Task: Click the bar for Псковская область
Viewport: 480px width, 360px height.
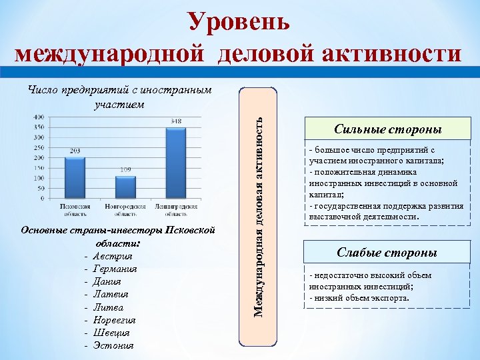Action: click(x=75, y=177)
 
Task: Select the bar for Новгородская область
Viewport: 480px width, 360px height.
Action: click(x=125, y=187)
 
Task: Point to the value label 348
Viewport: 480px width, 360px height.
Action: click(x=176, y=121)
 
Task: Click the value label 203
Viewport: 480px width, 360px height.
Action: click(x=75, y=151)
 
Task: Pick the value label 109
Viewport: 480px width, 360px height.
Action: click(x=125, y=170)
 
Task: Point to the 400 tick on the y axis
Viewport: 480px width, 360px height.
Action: click(x=39, y=117)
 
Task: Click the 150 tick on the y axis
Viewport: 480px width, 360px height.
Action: click(x=39, y=168)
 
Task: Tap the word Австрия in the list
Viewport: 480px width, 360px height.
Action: click(x=113, y=257)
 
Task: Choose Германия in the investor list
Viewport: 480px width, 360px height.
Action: click(x=115, y=269)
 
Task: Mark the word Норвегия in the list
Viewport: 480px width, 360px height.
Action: click(x=115, y=320)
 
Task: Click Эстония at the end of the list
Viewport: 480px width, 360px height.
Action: click(x=113, y=345)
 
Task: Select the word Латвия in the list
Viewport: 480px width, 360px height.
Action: click(x=111, y=295)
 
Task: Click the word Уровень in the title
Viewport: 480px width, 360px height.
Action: click(x=239, y=21)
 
